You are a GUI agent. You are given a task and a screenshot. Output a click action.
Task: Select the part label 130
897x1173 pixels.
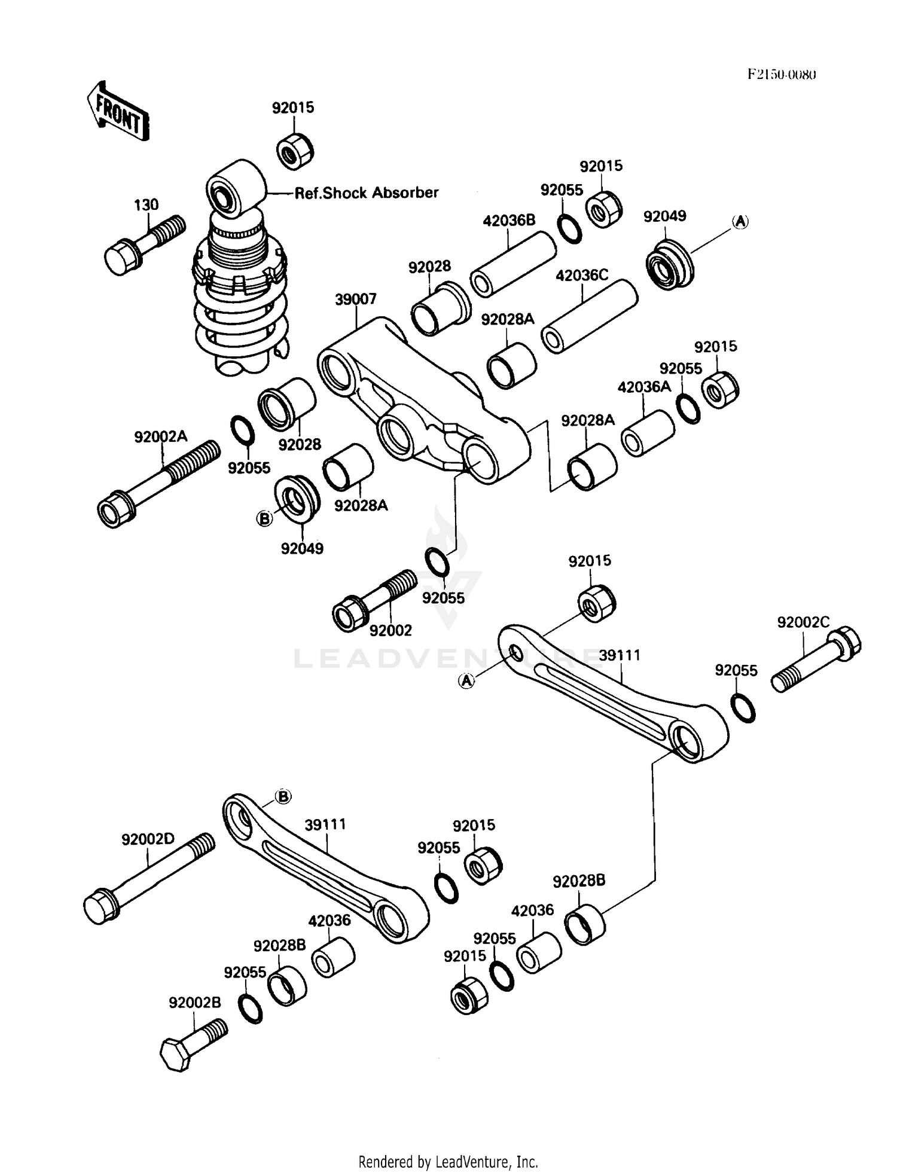[x=146, y=205]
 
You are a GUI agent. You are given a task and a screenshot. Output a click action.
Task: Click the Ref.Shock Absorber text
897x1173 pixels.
[x=367, y=193]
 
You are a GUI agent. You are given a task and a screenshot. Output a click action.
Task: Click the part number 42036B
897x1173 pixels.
[x=509, y=221]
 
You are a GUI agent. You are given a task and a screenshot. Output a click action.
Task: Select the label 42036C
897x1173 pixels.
[x=582, y=276]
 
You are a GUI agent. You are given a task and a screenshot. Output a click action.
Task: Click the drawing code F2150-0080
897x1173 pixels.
[x=782, y=75]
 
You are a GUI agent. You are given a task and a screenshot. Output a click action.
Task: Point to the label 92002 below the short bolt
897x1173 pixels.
[x=390, y=631]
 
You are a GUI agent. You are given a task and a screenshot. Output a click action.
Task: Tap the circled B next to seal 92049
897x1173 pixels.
[x=264, y=519]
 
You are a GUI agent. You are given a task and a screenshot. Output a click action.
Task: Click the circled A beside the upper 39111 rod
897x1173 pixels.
[x=466, y=680]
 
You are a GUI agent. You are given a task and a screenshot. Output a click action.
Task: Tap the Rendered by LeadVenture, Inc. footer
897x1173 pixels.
[x=448, y=1162]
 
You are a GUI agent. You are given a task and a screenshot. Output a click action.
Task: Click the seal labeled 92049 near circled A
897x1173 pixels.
[x=670, y=265]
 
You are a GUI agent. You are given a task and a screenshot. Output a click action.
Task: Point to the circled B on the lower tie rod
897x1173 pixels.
[x=283, y=796]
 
